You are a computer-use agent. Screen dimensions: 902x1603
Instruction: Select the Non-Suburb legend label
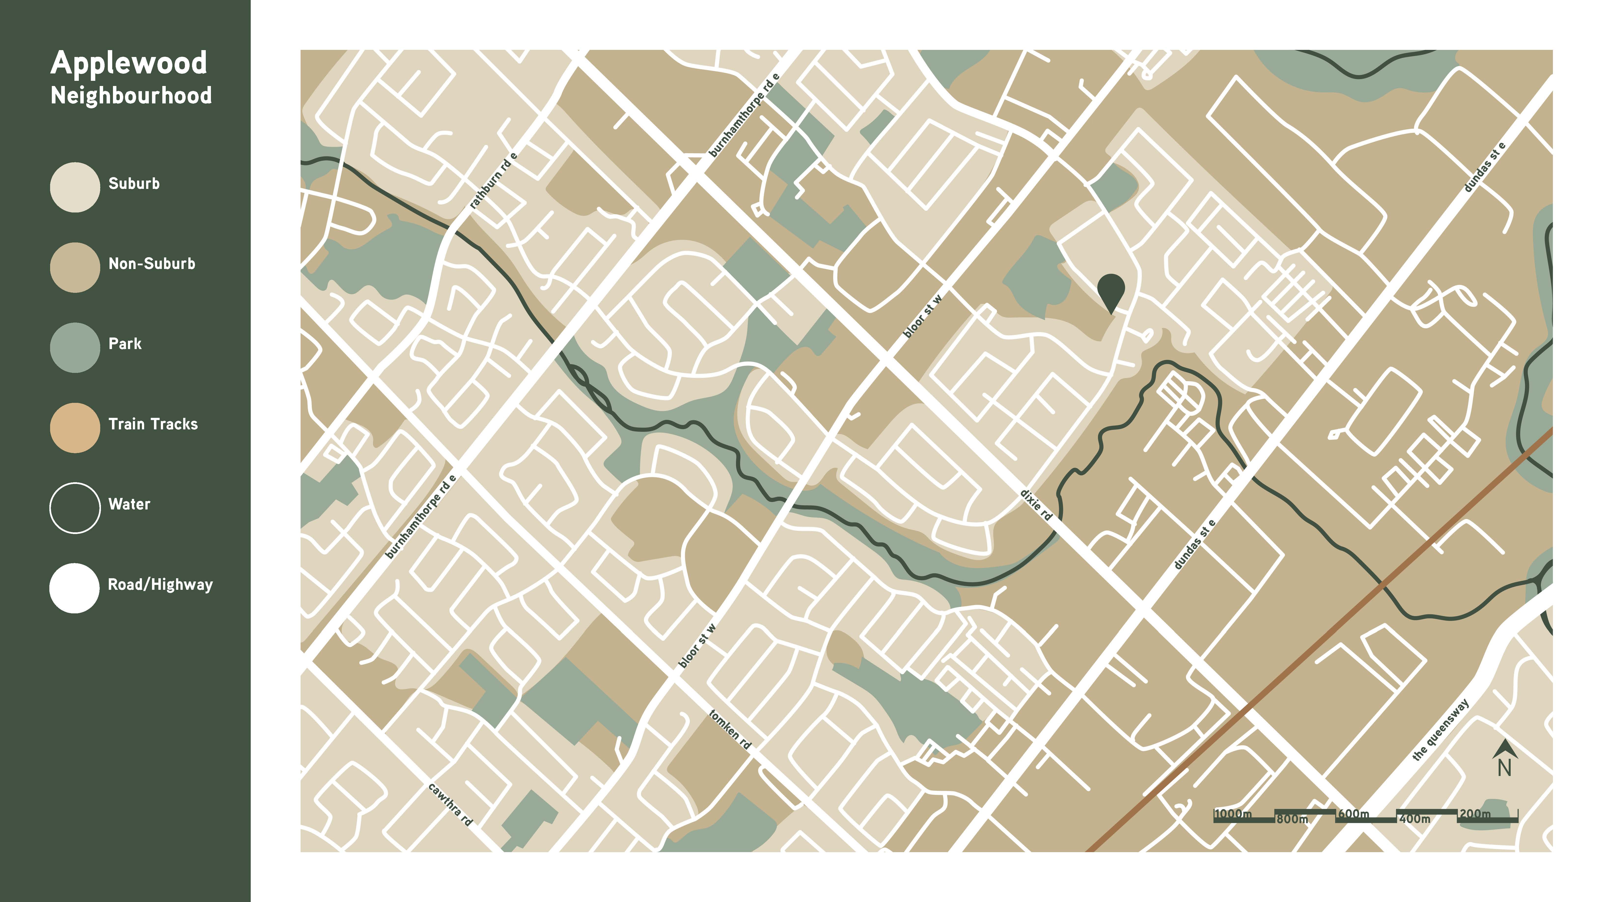tap(152, 264)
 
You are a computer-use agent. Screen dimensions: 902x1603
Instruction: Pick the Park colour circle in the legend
tap(75, 347)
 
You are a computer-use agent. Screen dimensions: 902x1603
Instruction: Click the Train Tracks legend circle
tap(75, 428)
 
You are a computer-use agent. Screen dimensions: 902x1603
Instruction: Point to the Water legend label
tap(129, 504)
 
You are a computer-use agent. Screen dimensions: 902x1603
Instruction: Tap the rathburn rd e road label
tap(493, 181)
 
